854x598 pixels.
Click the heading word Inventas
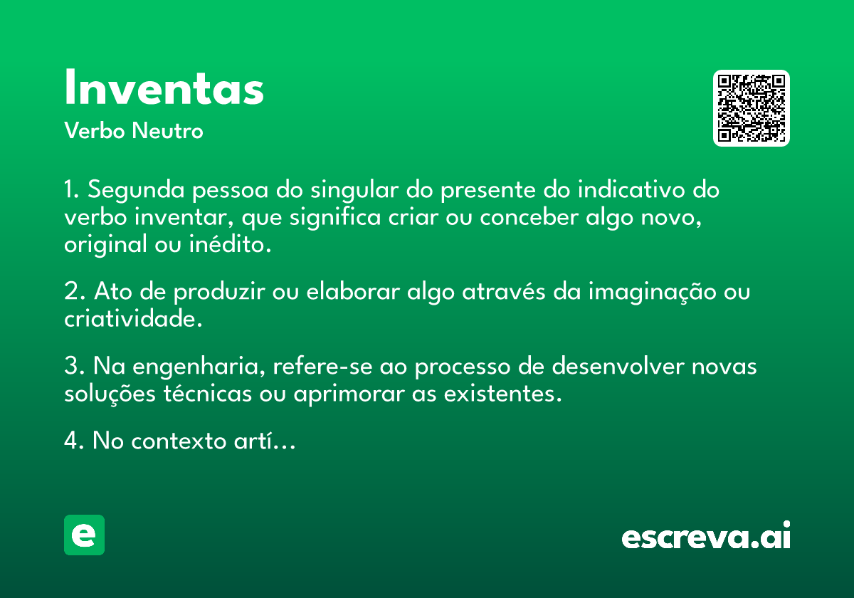click(x=164, y=88)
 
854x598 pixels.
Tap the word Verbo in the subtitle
click(x=95, y=131)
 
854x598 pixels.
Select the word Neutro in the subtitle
click(x=167, y=131)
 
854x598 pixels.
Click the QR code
click(x=751, y=108)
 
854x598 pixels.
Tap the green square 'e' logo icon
click(x=84, y=535)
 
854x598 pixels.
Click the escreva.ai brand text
click(x=706, y=535)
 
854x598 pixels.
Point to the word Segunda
click(x=136, y=190)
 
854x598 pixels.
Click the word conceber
click(x=529, y=217)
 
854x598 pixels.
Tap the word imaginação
click(x=653, y=293)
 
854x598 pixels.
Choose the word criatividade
click(x=133, y=318)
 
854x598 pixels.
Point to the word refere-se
click(x=322, y=366)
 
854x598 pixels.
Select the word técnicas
click(x=208, y=393)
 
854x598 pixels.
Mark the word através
click(x=504, y=291)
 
